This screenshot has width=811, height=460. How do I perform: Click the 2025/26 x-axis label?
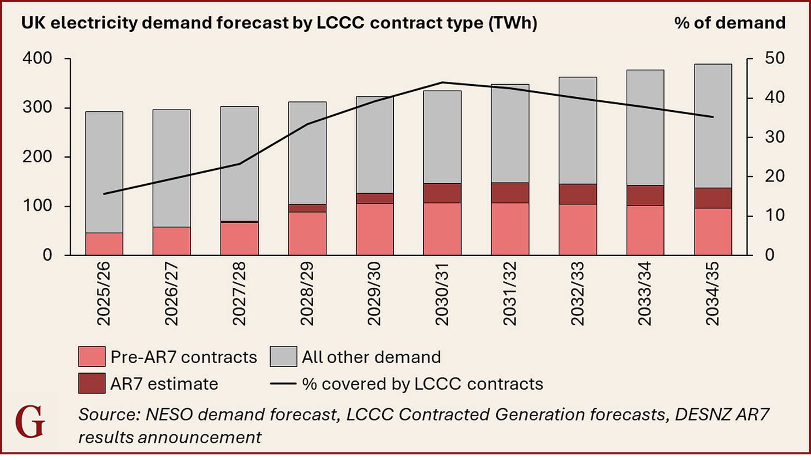click(104, 295)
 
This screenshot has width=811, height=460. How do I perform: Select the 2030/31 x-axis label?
click(442, 295)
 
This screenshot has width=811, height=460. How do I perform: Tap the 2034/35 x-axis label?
click(713, 295)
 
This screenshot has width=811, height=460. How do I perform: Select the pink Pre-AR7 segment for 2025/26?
click(104, 244)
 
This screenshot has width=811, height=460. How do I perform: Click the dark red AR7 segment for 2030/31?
click(442, 193)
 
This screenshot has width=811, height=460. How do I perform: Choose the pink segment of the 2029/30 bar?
click(375, 229)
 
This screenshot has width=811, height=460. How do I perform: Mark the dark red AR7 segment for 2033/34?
click(645, 195)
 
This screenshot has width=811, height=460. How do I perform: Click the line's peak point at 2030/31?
click(442, 82)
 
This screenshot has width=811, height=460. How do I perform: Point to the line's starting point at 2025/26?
click(104, 194)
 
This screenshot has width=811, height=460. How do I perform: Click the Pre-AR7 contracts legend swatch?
click(92, 356)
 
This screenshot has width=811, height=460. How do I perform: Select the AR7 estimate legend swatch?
click(92, 384)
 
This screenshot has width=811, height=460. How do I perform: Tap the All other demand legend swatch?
click(283, 356)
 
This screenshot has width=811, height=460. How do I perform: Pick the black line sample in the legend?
click(283, 384)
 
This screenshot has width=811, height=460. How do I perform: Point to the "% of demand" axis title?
click(730, 23)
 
